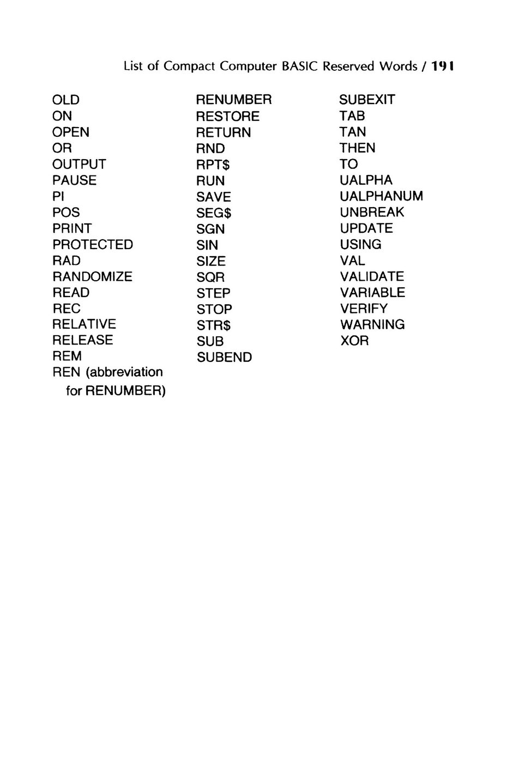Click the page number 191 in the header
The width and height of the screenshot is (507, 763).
tap(443, 67)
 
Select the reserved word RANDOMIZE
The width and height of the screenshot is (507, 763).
tap(92, 277)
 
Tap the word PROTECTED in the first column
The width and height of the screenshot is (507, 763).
tap(93, 245)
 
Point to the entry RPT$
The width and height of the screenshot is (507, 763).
tap(214, 165)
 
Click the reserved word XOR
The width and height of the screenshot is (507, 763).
tap(354, 341)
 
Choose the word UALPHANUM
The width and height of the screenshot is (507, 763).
tap(381, 196)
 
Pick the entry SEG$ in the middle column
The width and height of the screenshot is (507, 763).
tap(214, 213)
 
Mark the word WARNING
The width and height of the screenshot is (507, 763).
tap(372, 325)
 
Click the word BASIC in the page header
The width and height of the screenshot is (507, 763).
tap(301, 67)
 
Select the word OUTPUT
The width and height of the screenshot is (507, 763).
tap(79, 165)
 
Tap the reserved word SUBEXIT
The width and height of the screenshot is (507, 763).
tap(367, 100)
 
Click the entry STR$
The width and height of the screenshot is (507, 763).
tap(214, 325)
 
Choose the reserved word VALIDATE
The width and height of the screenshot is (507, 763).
tap(372, 277)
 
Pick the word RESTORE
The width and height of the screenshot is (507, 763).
tap(228, 117)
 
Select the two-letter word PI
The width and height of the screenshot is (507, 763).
tap(58, 197)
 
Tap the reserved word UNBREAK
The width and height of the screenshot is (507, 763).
tap(372, 213)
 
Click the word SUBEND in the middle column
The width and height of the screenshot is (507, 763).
tap(224, 358)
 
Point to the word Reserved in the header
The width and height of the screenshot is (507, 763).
tap(346, 67)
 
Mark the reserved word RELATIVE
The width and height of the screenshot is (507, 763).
tap(84, 324)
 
